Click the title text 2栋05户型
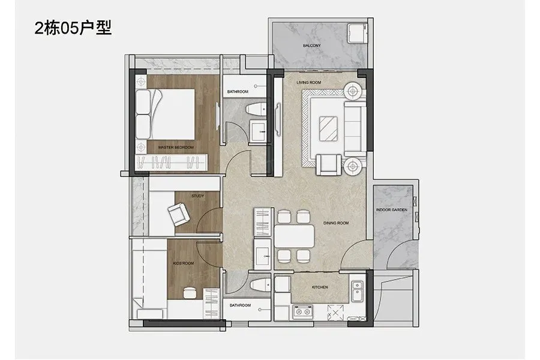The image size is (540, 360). click(73, 28)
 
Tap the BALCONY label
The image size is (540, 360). click(311, 46)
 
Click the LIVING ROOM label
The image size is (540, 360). click(308, 83)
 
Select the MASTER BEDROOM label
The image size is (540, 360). click(176, 148)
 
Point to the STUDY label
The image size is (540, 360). click(197, 196)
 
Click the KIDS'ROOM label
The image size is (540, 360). click(183, 263)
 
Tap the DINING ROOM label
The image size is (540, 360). click(336, 223)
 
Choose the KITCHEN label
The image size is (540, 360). click(320, 287)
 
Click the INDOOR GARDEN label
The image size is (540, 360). click(392, 210)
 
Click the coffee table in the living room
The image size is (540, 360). click(328, 128)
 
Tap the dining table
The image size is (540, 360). click(295, 236)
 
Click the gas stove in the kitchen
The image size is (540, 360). click(302, 312)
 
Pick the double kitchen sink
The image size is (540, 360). click(357, 292)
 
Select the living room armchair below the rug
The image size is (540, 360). click(329, 164)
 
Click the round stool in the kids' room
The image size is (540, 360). click(189, 293)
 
